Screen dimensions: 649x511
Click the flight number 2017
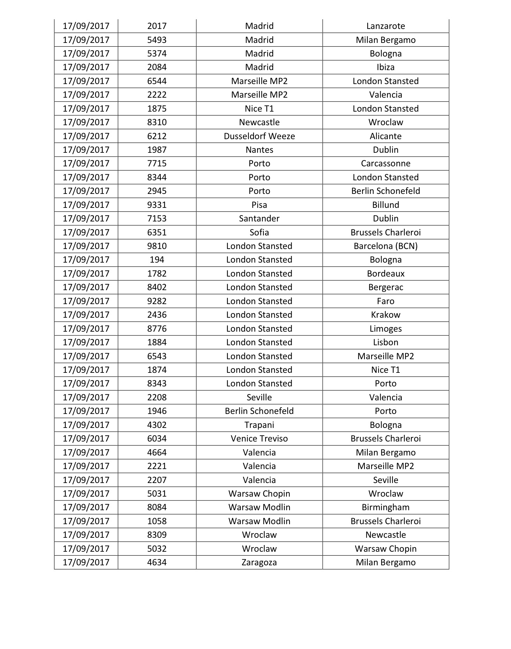coord(157,26)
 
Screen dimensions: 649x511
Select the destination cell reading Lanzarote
coord(385,26)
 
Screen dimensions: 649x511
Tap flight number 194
coord(157,260)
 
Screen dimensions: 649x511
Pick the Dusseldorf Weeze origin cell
coord(259,136)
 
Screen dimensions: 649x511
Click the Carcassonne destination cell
coord(385,164)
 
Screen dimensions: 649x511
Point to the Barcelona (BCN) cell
coord(385,246)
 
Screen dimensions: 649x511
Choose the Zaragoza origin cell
coord(259,563)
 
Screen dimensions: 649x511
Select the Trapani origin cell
coord(259,425)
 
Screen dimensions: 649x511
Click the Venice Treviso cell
coord(259,439)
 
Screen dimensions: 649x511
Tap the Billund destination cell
coord(385,205)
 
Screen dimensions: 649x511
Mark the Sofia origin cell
coord(259,233)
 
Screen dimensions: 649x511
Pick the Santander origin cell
coord(259,219)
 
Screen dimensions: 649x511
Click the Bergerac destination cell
coord(385,287)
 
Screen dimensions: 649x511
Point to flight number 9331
coord(157,205)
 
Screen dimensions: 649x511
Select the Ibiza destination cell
coord(385,67)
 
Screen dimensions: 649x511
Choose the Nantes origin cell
coord(259,150)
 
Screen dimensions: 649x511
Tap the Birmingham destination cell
coord(385,507)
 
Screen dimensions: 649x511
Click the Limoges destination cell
coord(385,329)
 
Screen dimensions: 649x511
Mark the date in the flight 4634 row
coord(86,563)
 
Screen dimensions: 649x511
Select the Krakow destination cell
coord(385,315)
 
